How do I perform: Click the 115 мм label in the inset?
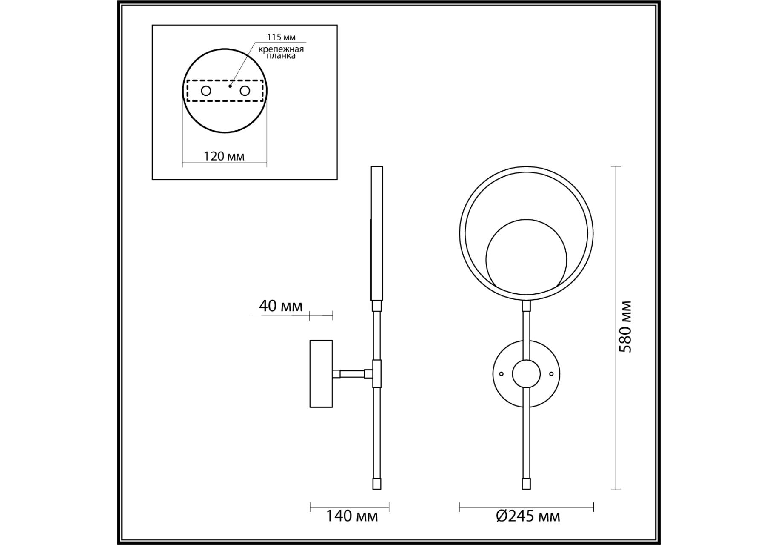click(281, 37)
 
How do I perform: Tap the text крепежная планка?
click(281, 52)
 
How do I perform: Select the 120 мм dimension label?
click(224, 156)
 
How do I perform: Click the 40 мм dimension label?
click(281, 306)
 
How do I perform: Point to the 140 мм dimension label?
click(352, 516)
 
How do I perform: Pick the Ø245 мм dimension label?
click(528, 516)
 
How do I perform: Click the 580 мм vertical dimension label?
click(625, 327)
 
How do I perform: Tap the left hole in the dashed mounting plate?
click(206, 91)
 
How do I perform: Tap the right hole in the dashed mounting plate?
click(245, 91)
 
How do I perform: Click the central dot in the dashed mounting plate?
click(230, 86)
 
